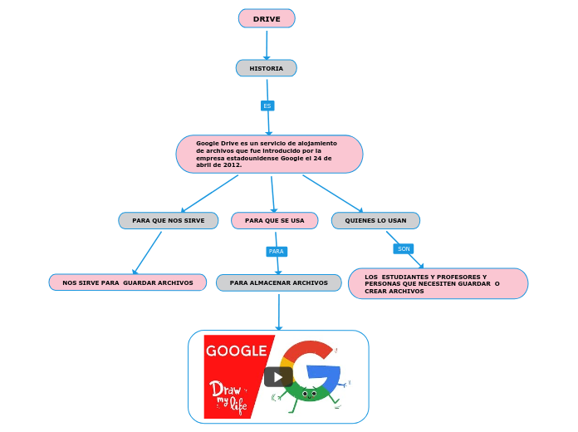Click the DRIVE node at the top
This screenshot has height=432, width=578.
tap(267, 18)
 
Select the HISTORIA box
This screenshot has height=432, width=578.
tap(267, 68)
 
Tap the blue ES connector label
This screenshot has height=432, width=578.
tap(267, 106)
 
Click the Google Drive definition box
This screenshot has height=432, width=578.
tap(269, 154)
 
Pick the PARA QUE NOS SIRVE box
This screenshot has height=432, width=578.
tap(169, 220)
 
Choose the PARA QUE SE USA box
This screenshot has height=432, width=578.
tap(274, 220)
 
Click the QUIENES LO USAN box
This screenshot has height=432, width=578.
tap(375, 220)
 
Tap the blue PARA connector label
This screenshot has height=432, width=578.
tap(277, 251)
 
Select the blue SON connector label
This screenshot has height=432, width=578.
tap(404, 248)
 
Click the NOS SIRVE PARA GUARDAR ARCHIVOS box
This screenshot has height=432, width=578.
tap(128, 282)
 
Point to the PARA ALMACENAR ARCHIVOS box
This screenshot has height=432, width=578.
tap(279, 282)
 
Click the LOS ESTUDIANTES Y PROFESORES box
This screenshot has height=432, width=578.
tap(438, 283)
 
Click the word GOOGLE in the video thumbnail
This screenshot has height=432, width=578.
tap(236, 351)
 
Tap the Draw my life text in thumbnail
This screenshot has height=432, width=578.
tap(228, 395)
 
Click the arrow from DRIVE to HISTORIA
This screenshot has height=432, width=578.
tap(267, 44)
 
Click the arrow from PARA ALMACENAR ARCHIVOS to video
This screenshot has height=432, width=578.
tap(279, 312)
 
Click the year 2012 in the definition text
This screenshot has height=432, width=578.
tap(233, 164)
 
